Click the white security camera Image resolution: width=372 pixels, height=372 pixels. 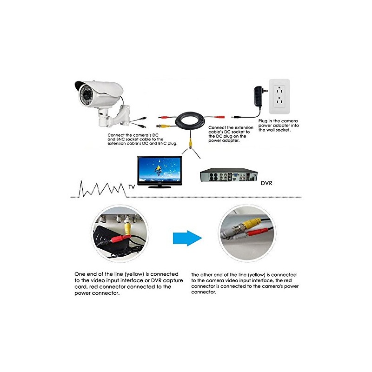[x=100, y=93]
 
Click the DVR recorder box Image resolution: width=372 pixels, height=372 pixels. [x=228, y=177]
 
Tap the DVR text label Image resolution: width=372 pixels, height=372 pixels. [x=266, y=184]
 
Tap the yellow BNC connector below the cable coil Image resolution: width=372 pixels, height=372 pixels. [x=191, y=140]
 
